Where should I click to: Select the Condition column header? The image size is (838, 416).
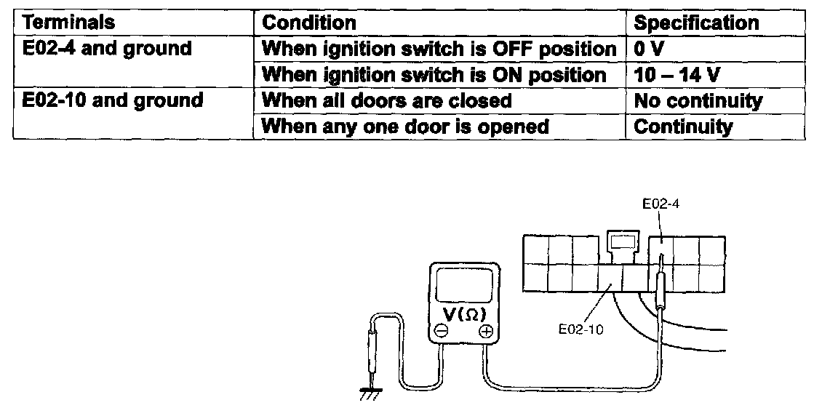click(309, 23)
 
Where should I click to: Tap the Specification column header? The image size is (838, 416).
click(696, 23)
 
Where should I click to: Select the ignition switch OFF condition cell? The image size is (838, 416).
click(439, 49)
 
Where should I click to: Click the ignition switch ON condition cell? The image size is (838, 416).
click(434, 75)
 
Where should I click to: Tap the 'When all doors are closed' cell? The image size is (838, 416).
click(387, 100)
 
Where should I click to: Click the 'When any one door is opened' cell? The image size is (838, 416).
click(405, 126)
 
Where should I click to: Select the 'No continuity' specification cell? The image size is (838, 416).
click(698, 100)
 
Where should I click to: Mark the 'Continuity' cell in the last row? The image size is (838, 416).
click(683, 126)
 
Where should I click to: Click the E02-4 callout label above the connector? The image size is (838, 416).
click(661, 206)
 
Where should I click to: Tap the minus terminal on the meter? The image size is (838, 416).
click(441, 332)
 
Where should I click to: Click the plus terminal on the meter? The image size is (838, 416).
click(485, 332)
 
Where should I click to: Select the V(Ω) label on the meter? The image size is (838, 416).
click(463, 315)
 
